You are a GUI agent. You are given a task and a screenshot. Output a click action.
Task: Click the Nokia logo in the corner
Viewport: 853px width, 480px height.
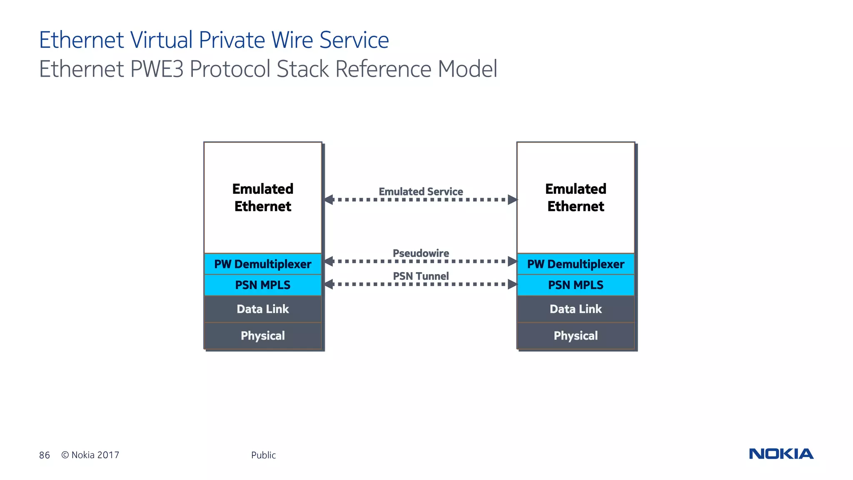(781, 454)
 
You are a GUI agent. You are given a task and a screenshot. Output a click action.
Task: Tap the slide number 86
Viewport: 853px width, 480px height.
(45, 455)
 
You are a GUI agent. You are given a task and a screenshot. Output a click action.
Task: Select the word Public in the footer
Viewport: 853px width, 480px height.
(263, 455)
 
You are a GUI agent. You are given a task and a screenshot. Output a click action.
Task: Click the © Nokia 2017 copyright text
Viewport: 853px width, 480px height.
(90, 455)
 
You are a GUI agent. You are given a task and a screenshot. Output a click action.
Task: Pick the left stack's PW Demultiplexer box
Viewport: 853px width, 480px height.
(263, 264)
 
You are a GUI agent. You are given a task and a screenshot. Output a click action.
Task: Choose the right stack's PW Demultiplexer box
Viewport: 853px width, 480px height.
(576, 264)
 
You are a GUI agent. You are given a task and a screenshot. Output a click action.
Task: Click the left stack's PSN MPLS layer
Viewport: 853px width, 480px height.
(263, 285)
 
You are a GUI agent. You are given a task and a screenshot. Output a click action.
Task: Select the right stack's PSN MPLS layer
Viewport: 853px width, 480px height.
(576, 285)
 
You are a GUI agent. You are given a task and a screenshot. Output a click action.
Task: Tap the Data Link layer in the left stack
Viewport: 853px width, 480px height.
(263, 309)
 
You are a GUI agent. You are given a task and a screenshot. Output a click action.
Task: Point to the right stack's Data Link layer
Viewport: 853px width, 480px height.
(576, 309)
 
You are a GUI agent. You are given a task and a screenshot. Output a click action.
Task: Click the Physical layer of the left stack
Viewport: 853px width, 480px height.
(263, 336)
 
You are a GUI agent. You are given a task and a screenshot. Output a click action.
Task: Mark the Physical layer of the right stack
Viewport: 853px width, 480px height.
(576, 336)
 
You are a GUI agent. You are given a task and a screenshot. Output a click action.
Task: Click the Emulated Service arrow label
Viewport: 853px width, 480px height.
(421, 192)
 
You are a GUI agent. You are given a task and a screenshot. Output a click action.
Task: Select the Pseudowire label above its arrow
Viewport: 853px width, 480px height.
(421, 253)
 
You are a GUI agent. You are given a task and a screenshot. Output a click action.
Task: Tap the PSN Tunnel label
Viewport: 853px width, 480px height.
(421, 276)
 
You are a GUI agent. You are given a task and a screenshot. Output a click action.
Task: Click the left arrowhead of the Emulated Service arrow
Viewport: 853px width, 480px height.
(329, 200)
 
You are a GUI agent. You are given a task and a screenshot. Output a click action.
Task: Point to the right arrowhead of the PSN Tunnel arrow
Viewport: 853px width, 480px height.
(512, 285)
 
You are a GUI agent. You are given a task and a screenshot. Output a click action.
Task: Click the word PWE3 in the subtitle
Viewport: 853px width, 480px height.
(157, 69)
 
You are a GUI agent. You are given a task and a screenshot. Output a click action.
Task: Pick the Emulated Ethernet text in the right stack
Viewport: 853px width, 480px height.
(576, 197)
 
